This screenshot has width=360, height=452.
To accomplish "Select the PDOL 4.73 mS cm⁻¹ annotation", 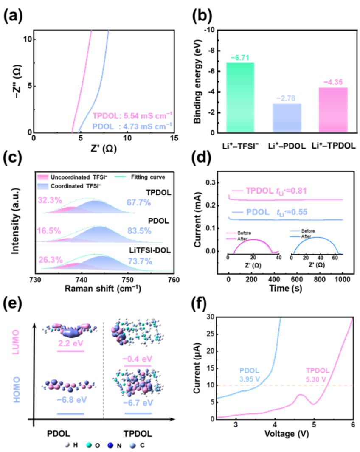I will tap(132, 125).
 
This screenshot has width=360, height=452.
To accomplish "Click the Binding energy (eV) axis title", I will tap(196, 81).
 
